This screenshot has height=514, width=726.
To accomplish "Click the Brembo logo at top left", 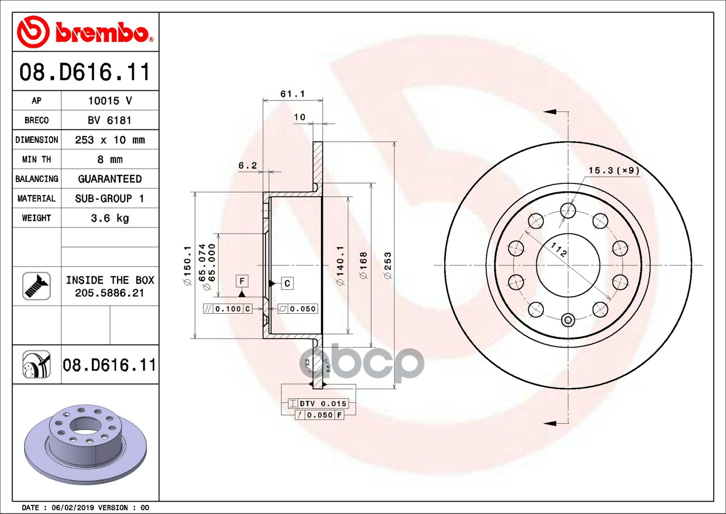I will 85,32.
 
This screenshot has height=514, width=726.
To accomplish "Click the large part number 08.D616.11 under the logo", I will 85,72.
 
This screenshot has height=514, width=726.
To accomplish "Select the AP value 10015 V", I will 109,100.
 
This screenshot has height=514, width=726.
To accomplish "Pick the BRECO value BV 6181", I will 109,120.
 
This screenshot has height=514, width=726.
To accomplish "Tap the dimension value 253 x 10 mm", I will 109,140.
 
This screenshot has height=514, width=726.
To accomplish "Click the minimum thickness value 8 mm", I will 109,159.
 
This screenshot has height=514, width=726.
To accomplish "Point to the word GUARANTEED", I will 109,179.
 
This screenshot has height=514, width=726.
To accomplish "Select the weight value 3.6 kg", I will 109,218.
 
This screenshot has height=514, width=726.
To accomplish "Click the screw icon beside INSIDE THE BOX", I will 36,286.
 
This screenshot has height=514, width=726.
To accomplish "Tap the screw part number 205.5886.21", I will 109,293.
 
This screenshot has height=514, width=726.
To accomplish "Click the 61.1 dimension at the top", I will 293,94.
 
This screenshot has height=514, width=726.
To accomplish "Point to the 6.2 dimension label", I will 247,166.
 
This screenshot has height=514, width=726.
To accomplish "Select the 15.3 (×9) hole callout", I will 614,170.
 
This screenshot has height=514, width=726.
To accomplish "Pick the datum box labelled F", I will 242,281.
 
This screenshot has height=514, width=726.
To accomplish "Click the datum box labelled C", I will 288,283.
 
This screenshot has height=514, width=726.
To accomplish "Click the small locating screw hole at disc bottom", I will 568,321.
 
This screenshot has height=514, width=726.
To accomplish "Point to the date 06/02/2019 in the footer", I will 73,508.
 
